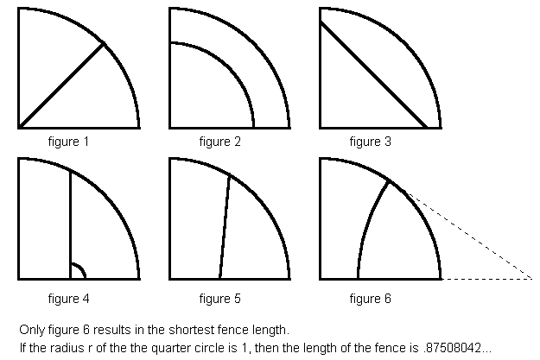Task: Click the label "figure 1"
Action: point(69,141)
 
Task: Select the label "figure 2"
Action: point(220,141)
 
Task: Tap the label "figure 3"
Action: point(370,141)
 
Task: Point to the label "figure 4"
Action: point(69,299)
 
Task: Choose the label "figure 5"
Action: point(220,299)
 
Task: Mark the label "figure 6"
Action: point(370,299)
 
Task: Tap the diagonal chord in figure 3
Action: point(373,74)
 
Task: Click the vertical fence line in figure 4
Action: point(70,224)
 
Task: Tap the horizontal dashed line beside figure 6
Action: point(487,279)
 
